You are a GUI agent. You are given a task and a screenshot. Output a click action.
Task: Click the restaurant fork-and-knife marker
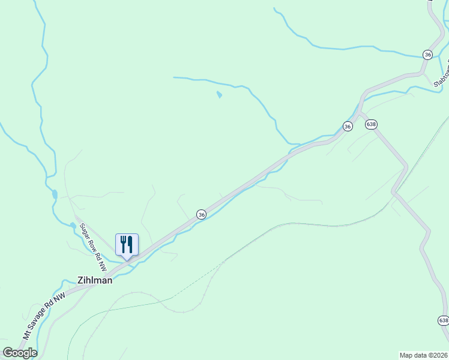pyautogui.click(x=127, y=244)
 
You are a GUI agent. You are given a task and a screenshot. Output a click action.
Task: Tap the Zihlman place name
pyautogui.click(x=95, y=280)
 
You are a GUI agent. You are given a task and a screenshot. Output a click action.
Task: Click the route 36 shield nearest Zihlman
pyautogui.click(x=202, y=214)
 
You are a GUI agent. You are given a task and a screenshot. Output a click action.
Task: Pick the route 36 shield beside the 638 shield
pyautogui.click(x=348, y=126)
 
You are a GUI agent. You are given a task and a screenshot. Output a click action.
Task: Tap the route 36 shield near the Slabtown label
pyautogui.click(x=427, y=54)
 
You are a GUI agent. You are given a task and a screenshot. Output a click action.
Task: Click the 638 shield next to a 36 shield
pyautogui.click(x=371, y=124)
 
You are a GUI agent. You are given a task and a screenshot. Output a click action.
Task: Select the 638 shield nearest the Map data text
pyautogui.click(x=443, y=320)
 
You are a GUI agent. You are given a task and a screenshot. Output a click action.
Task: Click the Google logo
pyautogui.click(x=19, y=353)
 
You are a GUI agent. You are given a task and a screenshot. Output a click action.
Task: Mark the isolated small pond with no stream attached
pyautogui.click(x=219, y=95)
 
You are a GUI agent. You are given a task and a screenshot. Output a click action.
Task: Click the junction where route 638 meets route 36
pyautogui.click(x=360, y=113)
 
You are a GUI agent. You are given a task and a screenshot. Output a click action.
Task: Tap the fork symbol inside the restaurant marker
pyautogui.click(x=123, y=244)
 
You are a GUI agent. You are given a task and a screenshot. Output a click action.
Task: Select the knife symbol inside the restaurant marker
pyautogui.click(x=130, y=244)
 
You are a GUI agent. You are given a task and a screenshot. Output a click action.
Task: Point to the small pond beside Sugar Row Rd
pyautogui.click(x=73, y=226)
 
